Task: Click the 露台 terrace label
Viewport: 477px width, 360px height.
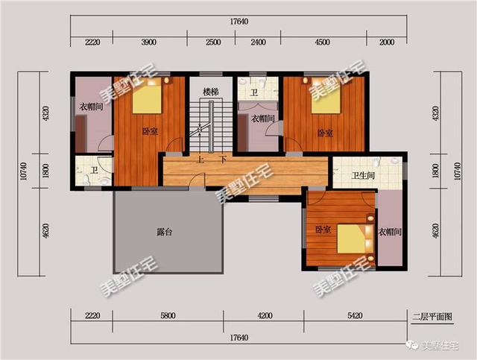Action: pyautogui.click(x=165, y=232)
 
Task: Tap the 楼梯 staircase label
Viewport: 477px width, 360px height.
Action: pyautogui.click(x=211, y=91)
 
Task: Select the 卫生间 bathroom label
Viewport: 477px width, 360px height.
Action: pyautogui.click(x=363, y=176)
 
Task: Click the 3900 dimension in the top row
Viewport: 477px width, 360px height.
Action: pyautogui.click(x=149, y=42)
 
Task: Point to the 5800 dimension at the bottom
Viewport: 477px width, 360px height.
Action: pyautogui.click(x=168, y=315)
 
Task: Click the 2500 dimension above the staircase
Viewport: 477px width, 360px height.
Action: pyautogui.click(x=213, y=42)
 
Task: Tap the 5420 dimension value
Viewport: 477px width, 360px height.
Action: pyautogui.click(x=355, y=315)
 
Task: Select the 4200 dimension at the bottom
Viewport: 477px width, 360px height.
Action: pyautogui.click(x=265, y=315)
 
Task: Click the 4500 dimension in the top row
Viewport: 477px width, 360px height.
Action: pyautogui.click(x=322, y=42)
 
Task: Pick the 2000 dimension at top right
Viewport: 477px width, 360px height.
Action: pyautogui.click(x=387, y=42)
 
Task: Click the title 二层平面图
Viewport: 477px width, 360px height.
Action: pyautogui.click(x=432, y=317)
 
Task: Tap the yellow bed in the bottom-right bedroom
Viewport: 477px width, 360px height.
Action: pyautogui.click(x=352, y=239)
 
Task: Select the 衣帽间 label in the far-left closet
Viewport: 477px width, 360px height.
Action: pyautogui.click(x=91, y=107)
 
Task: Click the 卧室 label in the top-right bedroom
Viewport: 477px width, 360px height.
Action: pyautogui.click(x=325, y=133)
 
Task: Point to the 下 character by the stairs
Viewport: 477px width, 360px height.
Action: pyautogui.click(x=223, y=160)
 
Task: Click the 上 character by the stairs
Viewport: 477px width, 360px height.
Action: pyautogui.click(x=200, y=160)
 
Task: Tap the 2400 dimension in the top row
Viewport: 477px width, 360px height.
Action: pyautogui.click(x=258, y=42)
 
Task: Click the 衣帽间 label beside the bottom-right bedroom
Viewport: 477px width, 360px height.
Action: pyautogui.click(x=390, y=232)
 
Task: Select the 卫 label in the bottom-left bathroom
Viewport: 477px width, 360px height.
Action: pyautogui.click(x=95, y=170)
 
